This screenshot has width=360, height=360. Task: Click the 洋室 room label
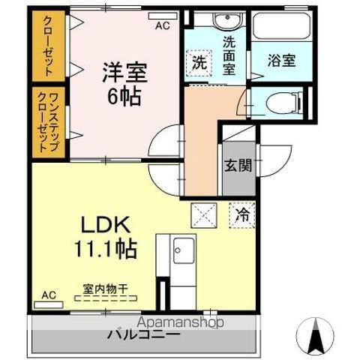pyautogui.click(x=124, y=73)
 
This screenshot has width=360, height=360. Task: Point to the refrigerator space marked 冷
pyautogui.click(x=241, y=214)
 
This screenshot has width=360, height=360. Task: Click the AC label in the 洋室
pyautogui.click(x=161, y=25)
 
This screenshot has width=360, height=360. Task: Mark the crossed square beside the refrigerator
pyautogui.click(x=204, y=215)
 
